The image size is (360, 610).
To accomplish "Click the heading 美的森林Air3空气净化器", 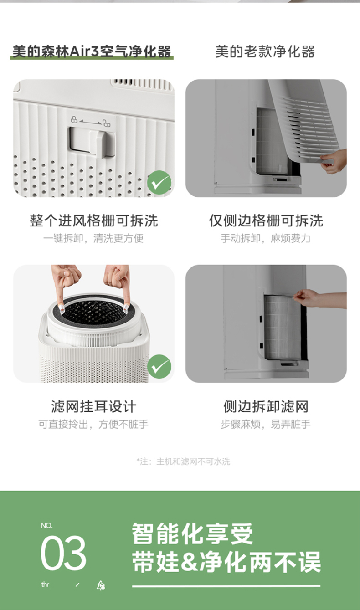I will tap(92, 51).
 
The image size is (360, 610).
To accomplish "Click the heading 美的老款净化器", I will tap(265, 51).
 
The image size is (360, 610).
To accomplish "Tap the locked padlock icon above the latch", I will tap(74, 120).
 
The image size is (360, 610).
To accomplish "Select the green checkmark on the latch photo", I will tap(159, 183).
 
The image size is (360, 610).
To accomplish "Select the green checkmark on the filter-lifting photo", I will tap(159, 367).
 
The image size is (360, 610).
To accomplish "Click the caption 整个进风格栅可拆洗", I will tap(93, 221).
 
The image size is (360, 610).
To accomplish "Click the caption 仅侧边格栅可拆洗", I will tap(266, 221).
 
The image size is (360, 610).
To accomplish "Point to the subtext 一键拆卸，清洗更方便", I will tap(93, 238).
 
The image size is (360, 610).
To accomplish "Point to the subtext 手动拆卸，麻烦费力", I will tap(266, 238).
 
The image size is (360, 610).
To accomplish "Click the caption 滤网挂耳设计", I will tap(93, 406).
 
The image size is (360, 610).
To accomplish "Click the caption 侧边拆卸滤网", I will tap(266, 406).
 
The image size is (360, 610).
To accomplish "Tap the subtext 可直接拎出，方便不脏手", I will tap(93, 424).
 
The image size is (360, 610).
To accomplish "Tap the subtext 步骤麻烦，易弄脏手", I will tap(266, 424).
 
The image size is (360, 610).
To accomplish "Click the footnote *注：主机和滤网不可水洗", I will tap(183, 461).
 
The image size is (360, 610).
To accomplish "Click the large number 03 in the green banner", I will tap(63, 553).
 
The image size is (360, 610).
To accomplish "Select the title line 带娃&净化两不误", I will tap(226, 562).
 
